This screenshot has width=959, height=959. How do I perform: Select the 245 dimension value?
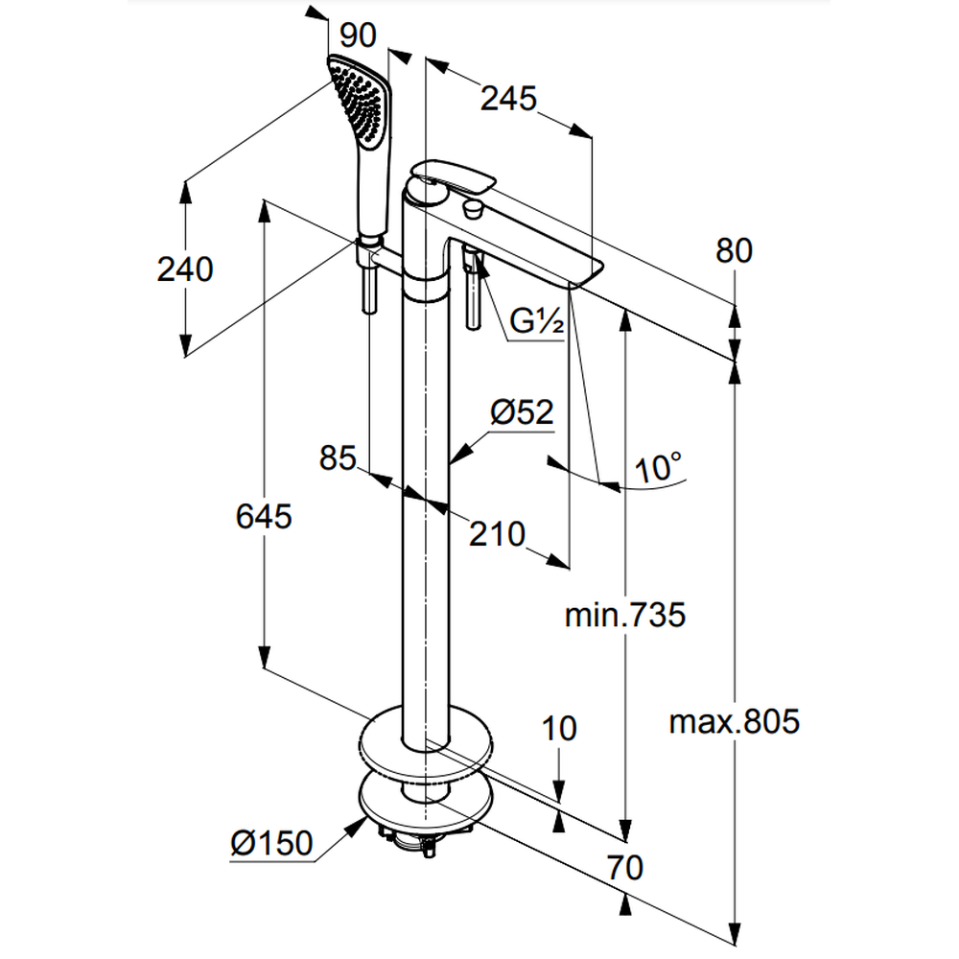point(507,98)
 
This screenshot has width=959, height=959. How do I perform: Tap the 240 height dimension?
point(185,269)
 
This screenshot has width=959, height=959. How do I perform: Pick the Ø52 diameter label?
point(522,413)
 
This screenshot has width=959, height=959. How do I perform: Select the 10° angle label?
point(659,469)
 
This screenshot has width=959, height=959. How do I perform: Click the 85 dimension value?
point(339,458)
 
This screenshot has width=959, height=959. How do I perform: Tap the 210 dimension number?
point(497,533)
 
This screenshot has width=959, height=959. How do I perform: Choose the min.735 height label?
point(624,615)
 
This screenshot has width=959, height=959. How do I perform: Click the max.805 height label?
point(734,721)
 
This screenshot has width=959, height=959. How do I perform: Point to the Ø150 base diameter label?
point(271,843)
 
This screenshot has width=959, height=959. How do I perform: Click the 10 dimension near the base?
point(559,728)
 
